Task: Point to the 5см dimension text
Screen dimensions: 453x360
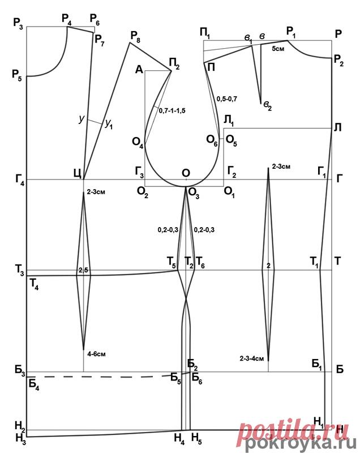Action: (x=278, y=49)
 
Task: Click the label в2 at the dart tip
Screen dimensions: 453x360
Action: (x=265, y=107)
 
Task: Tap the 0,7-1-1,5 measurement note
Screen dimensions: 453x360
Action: (x=172, y=110)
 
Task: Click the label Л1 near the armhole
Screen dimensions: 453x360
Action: (x=228, y=121)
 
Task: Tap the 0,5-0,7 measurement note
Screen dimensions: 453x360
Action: (x=226, y=99)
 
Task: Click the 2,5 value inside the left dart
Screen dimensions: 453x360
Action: (x=83, y=270)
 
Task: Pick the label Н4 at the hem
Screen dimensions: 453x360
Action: (x=179, y=437)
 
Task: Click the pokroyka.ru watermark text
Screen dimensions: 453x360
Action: (x=302, y=442)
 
